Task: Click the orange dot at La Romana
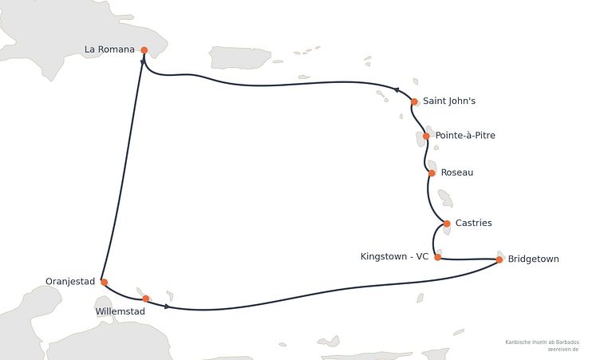144,50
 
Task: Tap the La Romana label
109,49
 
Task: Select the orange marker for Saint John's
414,102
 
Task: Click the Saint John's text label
449,101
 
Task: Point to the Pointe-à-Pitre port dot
426,136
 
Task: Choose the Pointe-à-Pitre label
465,135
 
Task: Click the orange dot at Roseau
432,173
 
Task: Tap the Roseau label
457,172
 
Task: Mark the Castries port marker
447,224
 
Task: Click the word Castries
474,223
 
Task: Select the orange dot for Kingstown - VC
438,257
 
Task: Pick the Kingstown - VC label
394,256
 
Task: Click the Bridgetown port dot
499,259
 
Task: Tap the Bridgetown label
534,259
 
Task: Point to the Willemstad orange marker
145,299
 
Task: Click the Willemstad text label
120,312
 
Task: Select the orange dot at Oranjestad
104,283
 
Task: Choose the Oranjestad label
70,282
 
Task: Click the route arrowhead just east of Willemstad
167,307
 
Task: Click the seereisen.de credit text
562,350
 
